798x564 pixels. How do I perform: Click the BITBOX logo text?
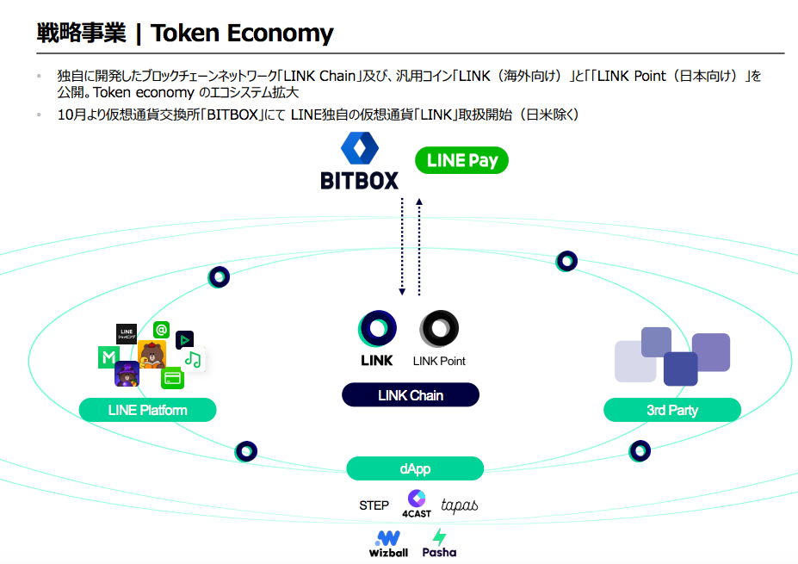[359, 181]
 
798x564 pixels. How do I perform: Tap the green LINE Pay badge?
[461, 160]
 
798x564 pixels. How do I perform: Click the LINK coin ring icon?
[377, 329]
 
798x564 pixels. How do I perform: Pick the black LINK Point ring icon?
[439, 329]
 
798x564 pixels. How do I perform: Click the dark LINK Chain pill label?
[411, 395]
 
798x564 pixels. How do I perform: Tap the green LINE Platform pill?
[147, 410]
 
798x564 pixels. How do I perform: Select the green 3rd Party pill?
[671, 410]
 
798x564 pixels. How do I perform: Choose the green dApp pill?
[415, 468]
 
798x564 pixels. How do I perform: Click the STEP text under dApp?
[374, 505]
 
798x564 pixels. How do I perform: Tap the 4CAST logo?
[417, 504]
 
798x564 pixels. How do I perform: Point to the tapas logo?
[460, 505]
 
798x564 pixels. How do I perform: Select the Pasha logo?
[439, 543]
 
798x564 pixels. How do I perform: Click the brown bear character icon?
[152, 354]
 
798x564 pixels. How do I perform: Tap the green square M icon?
[108, 356]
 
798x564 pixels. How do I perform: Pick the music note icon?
[194, 359]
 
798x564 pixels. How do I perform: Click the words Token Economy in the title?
[242, 33]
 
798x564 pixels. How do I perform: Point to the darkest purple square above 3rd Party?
[680, 369]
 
